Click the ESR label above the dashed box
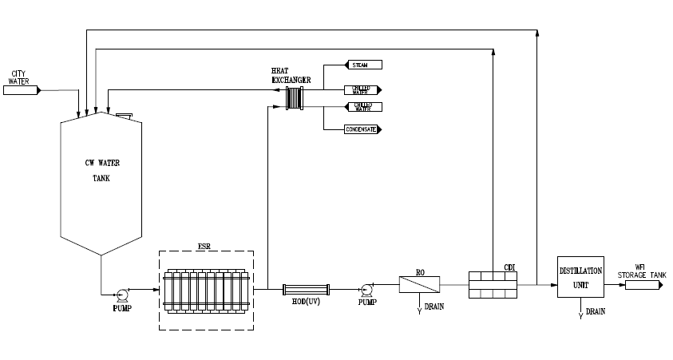(x=206, y=247)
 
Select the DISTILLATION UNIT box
(x=580, y=277)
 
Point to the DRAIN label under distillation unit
(x=596, y=312)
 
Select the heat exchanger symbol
(x=296, y=98)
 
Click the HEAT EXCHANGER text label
(x=291, y=76)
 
